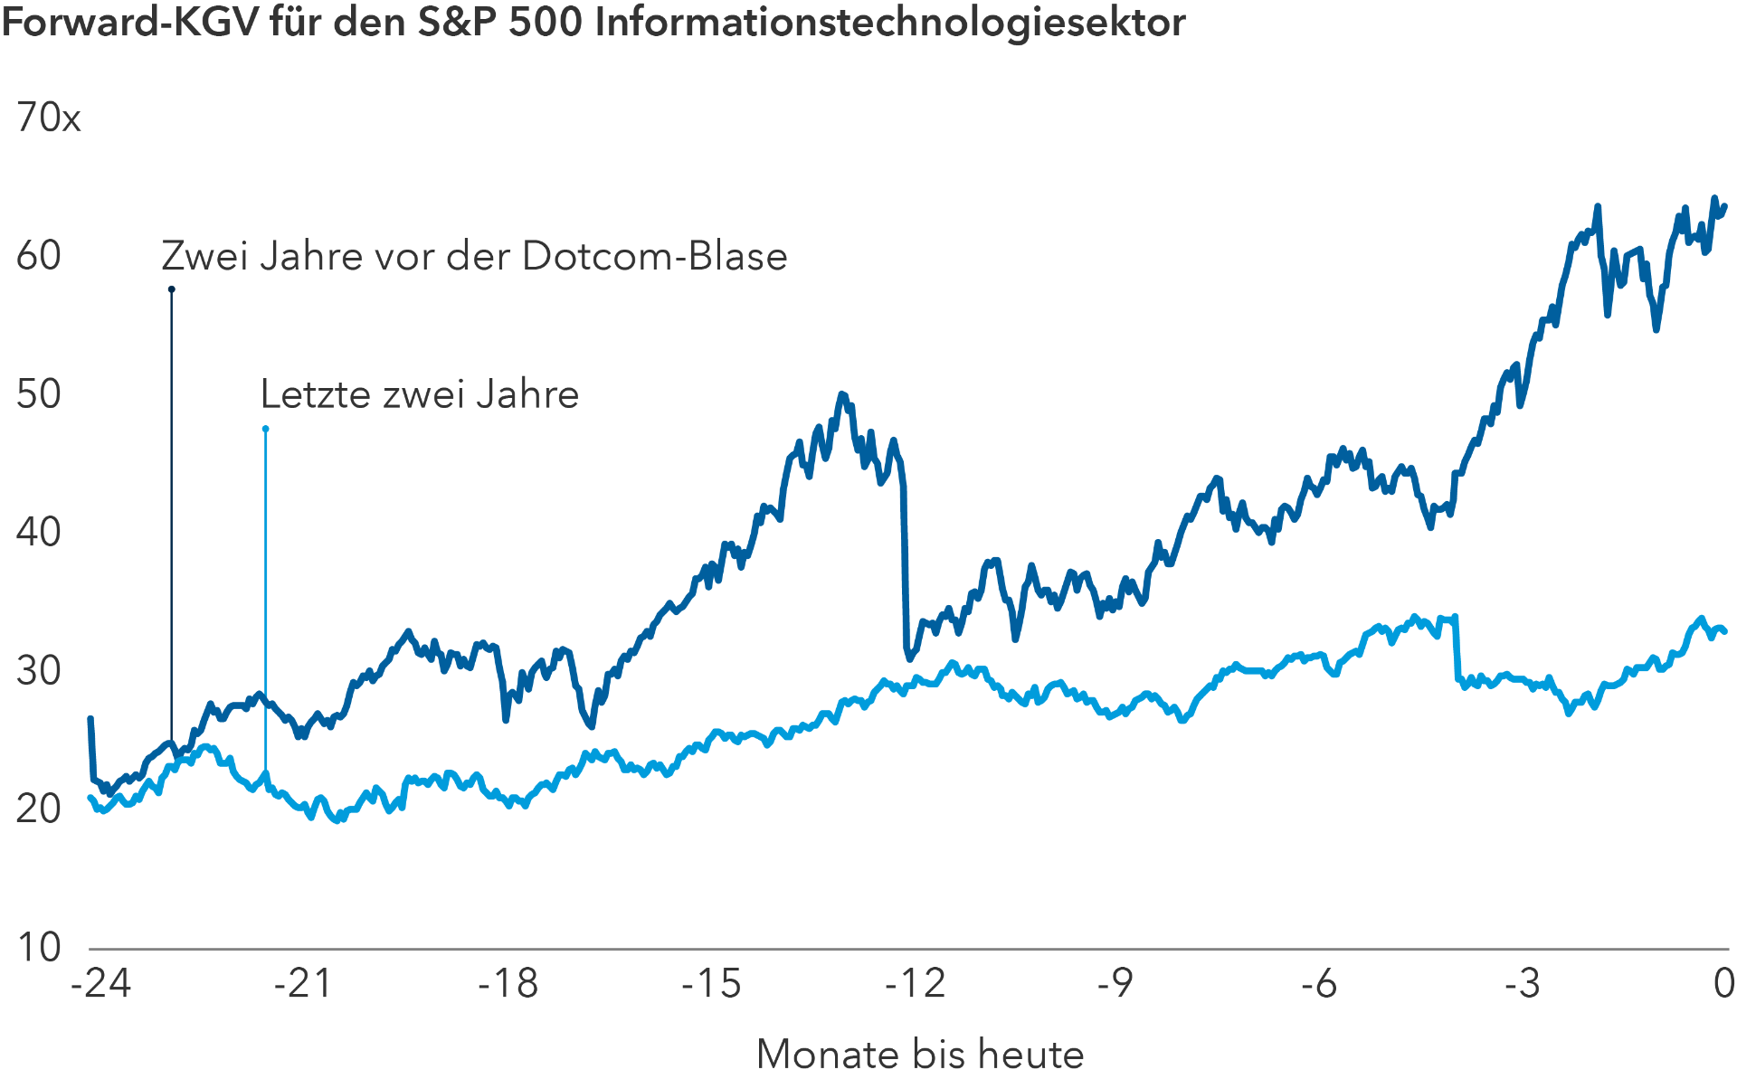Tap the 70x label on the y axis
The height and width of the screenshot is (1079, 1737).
click(48, 118)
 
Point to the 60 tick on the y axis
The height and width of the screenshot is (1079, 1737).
click(39, 256)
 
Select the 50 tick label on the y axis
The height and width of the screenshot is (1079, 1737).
click(39, 394)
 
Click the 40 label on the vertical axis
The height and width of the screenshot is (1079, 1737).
click(39, 533)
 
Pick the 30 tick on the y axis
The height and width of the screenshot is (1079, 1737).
click(39, 671)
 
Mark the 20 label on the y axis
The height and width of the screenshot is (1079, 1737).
click(39, 809)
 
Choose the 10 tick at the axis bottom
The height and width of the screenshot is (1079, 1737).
click(39, 947)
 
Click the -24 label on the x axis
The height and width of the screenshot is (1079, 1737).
click(100, 983)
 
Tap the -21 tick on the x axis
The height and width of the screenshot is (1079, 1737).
click(303, 983)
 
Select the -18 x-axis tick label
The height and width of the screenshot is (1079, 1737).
click(508, 983)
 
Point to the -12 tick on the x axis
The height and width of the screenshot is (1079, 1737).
click(915, 983)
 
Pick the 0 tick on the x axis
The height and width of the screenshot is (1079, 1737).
click(1724, 983)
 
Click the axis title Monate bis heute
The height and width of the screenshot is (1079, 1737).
click(919, 1055)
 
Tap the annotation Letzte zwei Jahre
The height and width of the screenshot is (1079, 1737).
click(419, 394)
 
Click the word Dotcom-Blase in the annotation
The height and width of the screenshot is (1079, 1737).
click(654, 257)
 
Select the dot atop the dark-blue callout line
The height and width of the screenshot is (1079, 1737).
click(171, 289)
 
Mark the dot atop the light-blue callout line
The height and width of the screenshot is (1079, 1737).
click(265, 429)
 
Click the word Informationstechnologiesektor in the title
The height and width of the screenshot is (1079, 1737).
click(890, 23)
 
